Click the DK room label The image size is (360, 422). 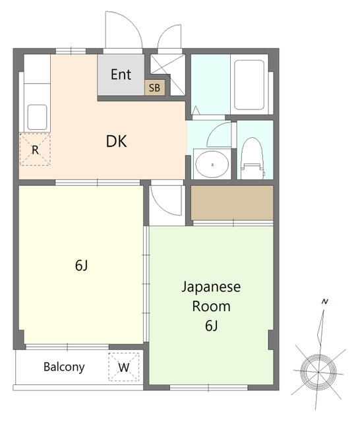tap(116, 141)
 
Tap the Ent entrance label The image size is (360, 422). tap(121, 75)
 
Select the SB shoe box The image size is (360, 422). tap(154, 88)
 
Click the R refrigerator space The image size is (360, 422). tap(35, 150)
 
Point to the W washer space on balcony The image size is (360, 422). tap(124, 367)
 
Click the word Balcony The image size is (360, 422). tap(64, 367)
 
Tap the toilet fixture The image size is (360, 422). tap(252, 158)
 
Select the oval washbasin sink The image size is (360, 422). tap(212, 164)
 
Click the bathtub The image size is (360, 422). tap(249, 84)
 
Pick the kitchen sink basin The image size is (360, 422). tap(37, 117)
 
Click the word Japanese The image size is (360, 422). tap(211, 287)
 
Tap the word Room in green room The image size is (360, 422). tap(211, 307)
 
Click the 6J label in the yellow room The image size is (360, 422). tap(82, 266)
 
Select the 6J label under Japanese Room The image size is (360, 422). tap(211, 326)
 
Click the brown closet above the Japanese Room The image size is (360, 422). tap(232, 202)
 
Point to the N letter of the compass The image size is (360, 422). tap(325, 302)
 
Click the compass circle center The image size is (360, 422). tap(318, 372)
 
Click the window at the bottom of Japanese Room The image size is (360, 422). tap(209, 388)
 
